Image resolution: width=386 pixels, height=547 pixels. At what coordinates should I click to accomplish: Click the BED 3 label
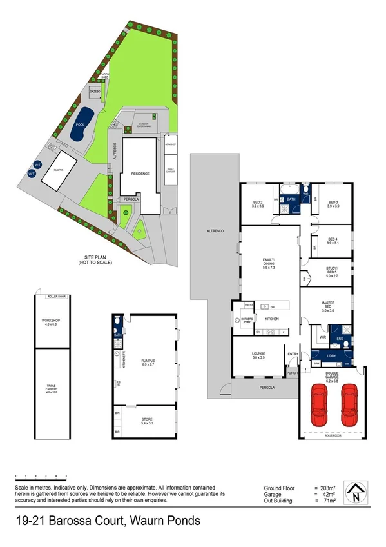(x=333, y=204)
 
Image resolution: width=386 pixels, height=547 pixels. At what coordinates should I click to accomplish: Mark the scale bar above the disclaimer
(x=39, y=477)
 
